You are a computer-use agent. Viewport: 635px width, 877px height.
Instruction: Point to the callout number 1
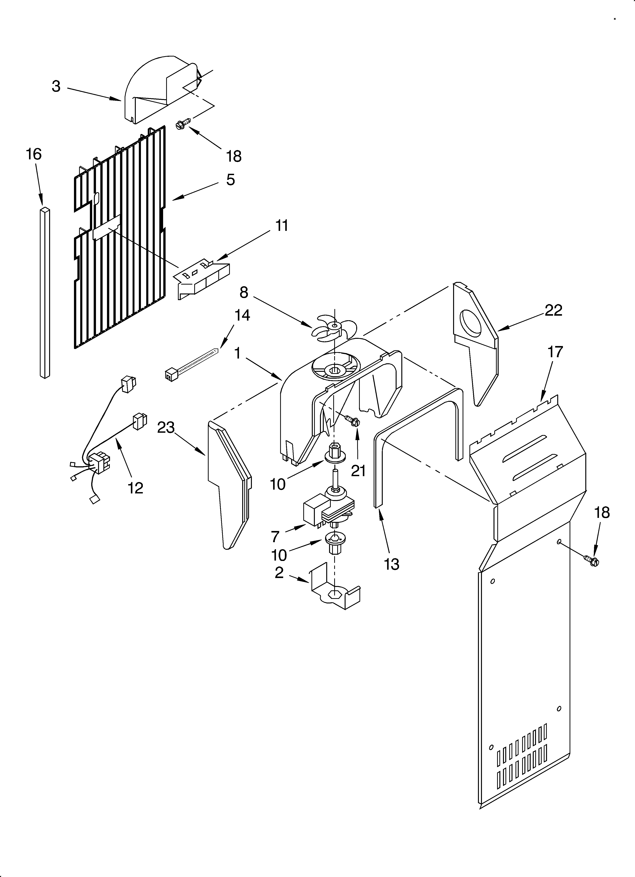point(237,353)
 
